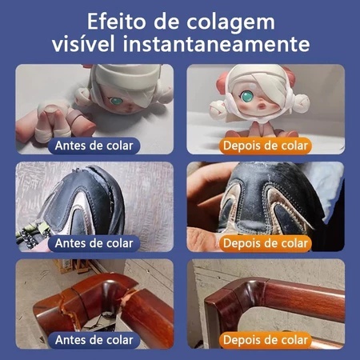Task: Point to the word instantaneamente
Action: click(x=216, y=43)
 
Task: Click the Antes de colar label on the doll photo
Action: click(x=94, y=146)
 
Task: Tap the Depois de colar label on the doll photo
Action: click(x=266, y=146)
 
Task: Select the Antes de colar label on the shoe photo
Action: click(x=94, y=243)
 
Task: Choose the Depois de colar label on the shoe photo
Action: click(x=266, y=243)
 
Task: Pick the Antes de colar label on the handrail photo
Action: click(x=94, y=340)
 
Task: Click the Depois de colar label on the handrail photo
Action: click(x=266, y=340)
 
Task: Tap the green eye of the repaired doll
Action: click(x=248, y=95)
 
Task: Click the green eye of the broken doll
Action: click(x=116, y=101)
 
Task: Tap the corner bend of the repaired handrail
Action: click(x=248, y=290)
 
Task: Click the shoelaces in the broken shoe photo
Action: click(x=32, y=234)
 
